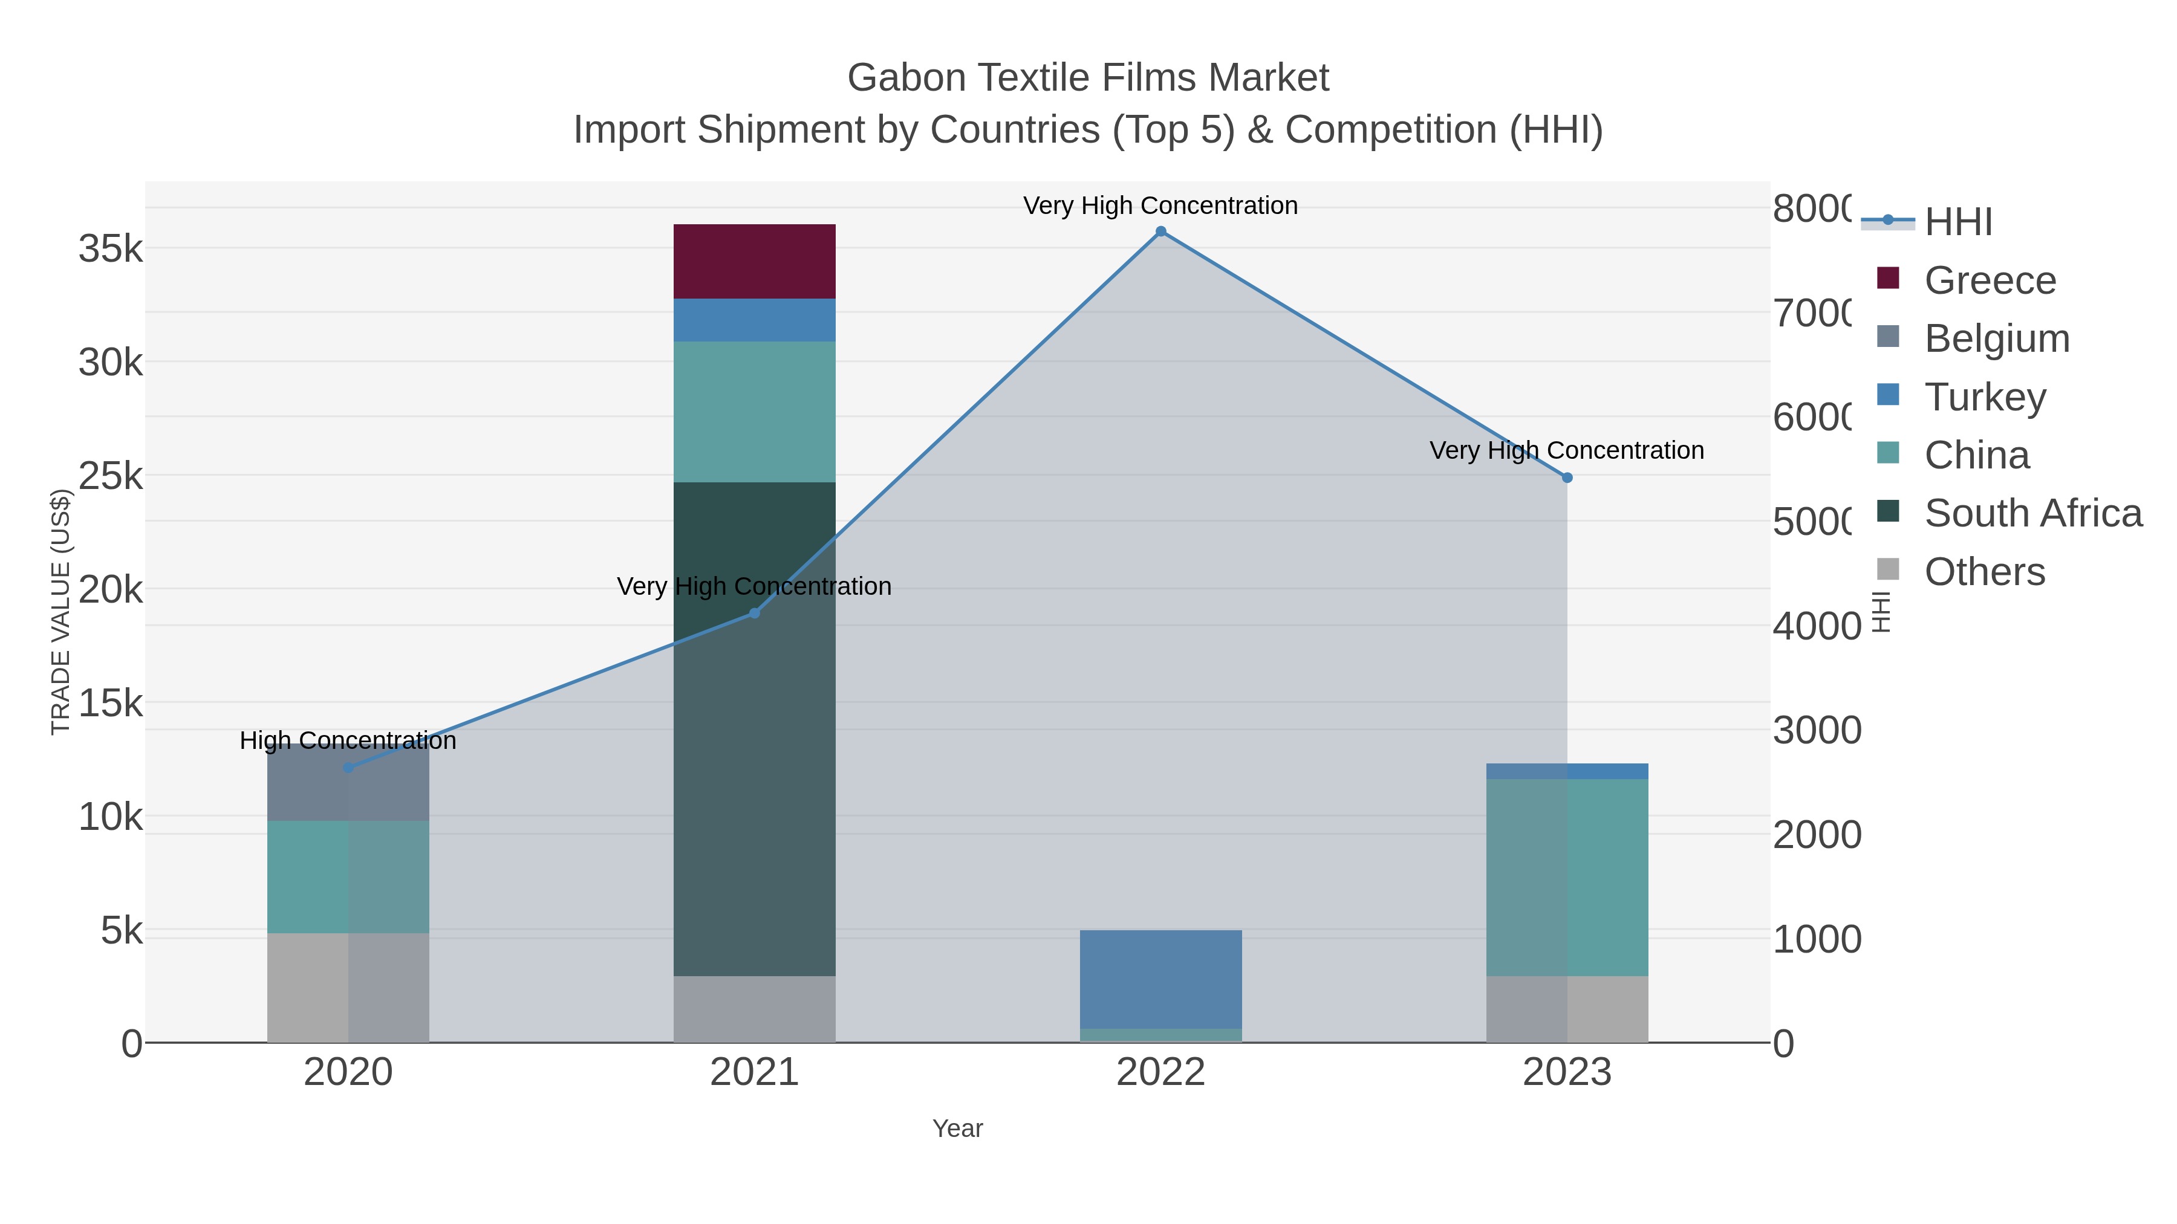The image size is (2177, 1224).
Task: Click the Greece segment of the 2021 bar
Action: click(754, 261)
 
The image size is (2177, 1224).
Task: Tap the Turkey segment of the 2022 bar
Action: click(1160, 979)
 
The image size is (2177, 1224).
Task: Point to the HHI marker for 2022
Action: click(1160, 232)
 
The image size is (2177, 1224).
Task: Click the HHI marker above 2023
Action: click(1567, 478)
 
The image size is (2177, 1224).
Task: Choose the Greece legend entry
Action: click(1990, 280)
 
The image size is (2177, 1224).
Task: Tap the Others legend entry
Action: click(1983, 571)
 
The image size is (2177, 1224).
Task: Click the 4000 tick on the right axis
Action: click(1816, 626)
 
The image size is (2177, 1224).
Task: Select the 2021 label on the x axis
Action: click(754, 1073)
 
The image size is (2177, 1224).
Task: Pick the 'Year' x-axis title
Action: click(957, 1128)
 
